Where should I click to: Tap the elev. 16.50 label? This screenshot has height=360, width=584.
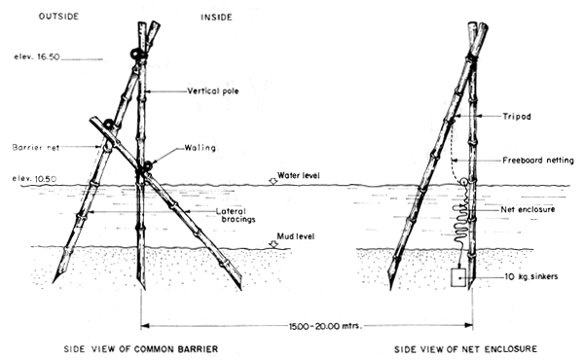33,58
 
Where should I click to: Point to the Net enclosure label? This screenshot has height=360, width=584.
526,208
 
